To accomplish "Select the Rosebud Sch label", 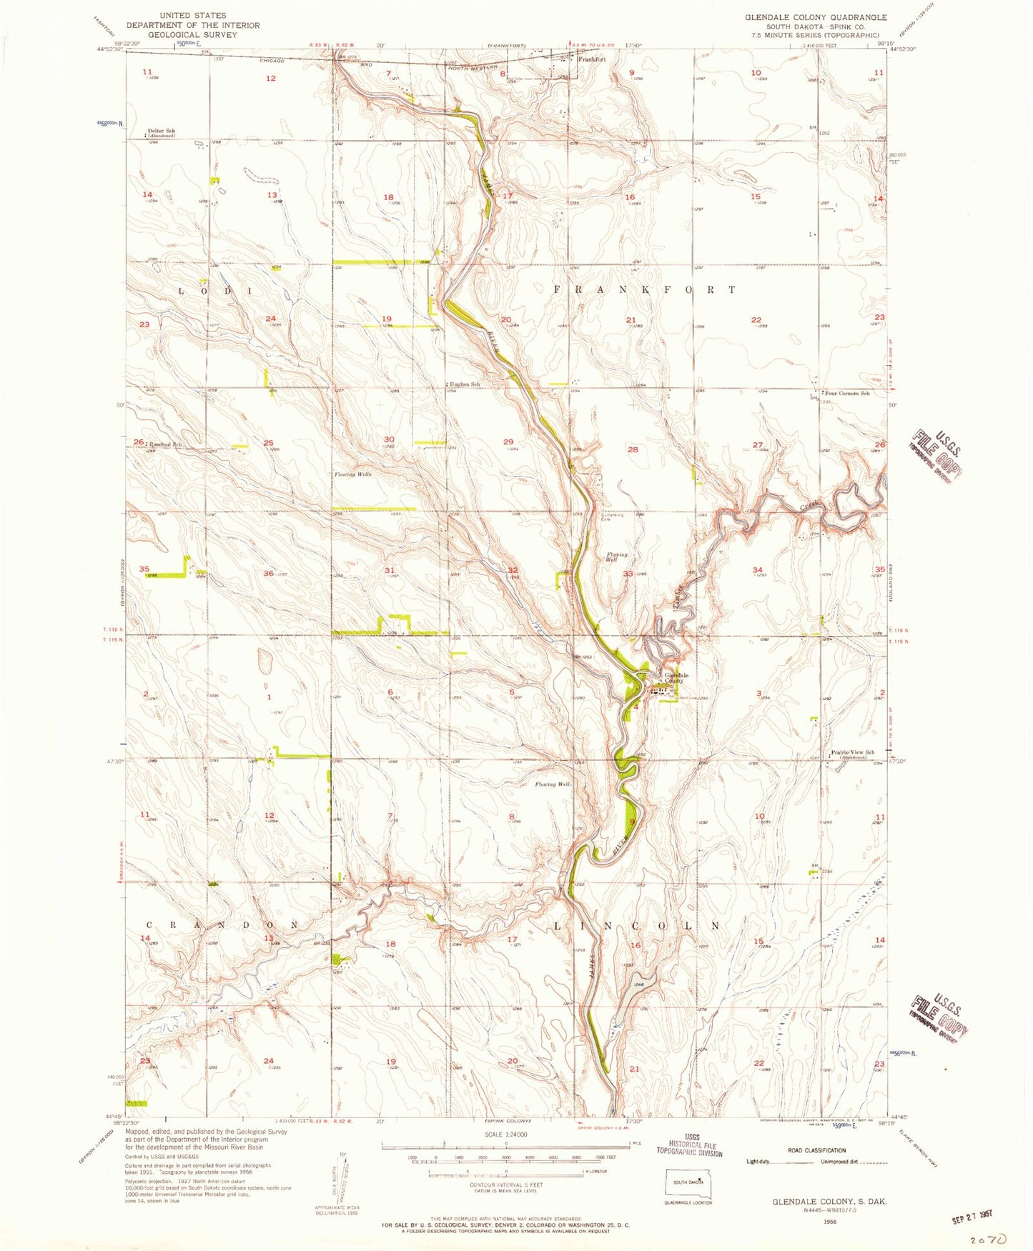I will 164,444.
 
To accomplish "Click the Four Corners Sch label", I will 846,394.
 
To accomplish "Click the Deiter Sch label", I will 162,131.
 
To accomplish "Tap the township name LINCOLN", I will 638,924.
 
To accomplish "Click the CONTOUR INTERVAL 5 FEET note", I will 507,1185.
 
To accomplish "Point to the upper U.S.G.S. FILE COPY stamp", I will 936,456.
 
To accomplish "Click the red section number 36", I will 268,573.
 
